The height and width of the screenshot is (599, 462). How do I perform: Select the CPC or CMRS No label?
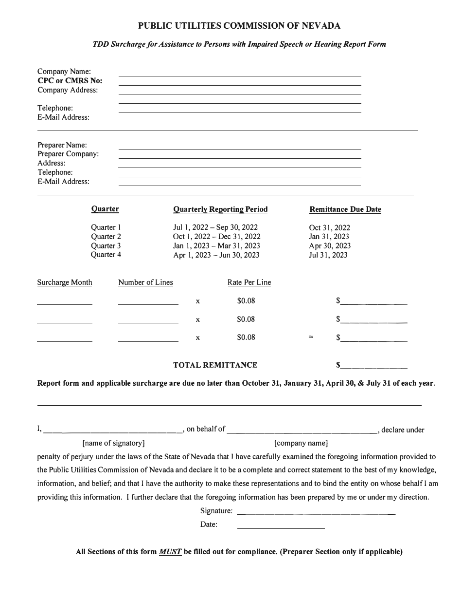70,81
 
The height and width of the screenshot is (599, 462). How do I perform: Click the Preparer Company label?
68,154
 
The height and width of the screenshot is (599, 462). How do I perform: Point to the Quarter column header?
105,209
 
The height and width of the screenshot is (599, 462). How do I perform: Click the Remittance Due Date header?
345,209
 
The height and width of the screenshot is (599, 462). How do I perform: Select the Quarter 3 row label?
106,246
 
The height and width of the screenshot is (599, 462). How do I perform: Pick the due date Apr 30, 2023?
330,246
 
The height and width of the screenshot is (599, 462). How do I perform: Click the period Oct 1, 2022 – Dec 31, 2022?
217,237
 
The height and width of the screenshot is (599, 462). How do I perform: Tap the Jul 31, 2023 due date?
328,255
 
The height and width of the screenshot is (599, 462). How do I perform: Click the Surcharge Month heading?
65,282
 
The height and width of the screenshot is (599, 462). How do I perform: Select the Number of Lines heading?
145,282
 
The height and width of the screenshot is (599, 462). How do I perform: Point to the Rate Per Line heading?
249,282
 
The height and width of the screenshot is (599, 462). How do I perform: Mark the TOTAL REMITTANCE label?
215,365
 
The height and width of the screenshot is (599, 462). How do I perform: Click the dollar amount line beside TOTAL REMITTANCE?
373,366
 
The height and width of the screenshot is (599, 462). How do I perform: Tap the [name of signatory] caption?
113,443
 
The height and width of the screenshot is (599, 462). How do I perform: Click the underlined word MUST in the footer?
170,552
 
